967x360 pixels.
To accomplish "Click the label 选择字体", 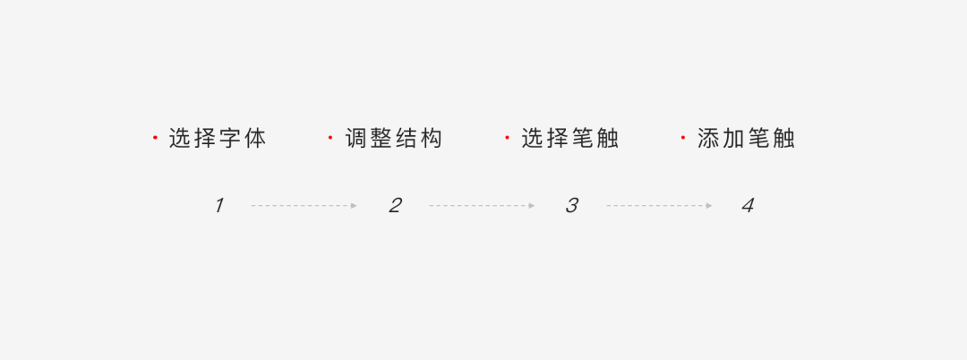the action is pyautogui.click(x=218, y=139).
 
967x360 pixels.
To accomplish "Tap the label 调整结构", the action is pyautogui.click(x=394, y=139).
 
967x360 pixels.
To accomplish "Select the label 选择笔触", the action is pyautogui.click(x=570, y=139).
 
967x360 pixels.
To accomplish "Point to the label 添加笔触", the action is pyautogui.click(x=747, y=139).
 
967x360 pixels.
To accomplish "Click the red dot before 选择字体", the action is pyautogui.click(x=155, y=138).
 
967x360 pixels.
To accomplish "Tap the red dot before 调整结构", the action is pyautogui.click(x=330, y=138).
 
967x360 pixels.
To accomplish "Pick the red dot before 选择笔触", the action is pyautogui.click(x=507, y=138).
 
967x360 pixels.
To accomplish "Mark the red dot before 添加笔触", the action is pyautogui.click(x=683, y=138).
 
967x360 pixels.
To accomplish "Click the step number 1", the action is pyautogui.click(x=218, y=205).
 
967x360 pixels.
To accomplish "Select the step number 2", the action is pyautogui.click(x=395, y=205).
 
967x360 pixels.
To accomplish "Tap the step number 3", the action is pyautogui.click(x=571, y=205).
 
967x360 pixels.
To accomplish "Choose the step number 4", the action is pyautogui.click(x=748, y=205).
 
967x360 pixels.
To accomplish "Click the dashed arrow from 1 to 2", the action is pyautogui.click(x=304, y=206).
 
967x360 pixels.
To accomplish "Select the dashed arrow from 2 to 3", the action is pyautogui.click(x=482, y=206).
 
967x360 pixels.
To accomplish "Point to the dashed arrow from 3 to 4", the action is pyautogui.click(x=659, y=206).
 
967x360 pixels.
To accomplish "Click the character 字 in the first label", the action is pyautogui.click(x=230, y=139).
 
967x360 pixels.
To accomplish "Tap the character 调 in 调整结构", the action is pyautogui.click(x=356, y=139).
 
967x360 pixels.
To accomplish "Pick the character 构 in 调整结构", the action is pyautogui.click(x=432, y=139).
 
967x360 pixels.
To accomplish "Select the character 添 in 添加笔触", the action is pyautogui.click(x=709, y=139).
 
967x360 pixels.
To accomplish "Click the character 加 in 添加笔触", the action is pyautogui.click(x=734, y=139).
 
